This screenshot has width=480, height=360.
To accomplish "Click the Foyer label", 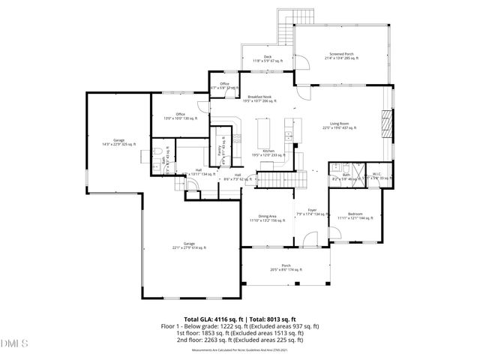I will (x=311, y=212).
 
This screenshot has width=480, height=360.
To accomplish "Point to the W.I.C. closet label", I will (x=377, y=176).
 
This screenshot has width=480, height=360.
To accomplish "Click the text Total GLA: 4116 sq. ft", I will (x=210, y=319).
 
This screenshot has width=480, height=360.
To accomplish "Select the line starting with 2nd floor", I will (x=240, y=338).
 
